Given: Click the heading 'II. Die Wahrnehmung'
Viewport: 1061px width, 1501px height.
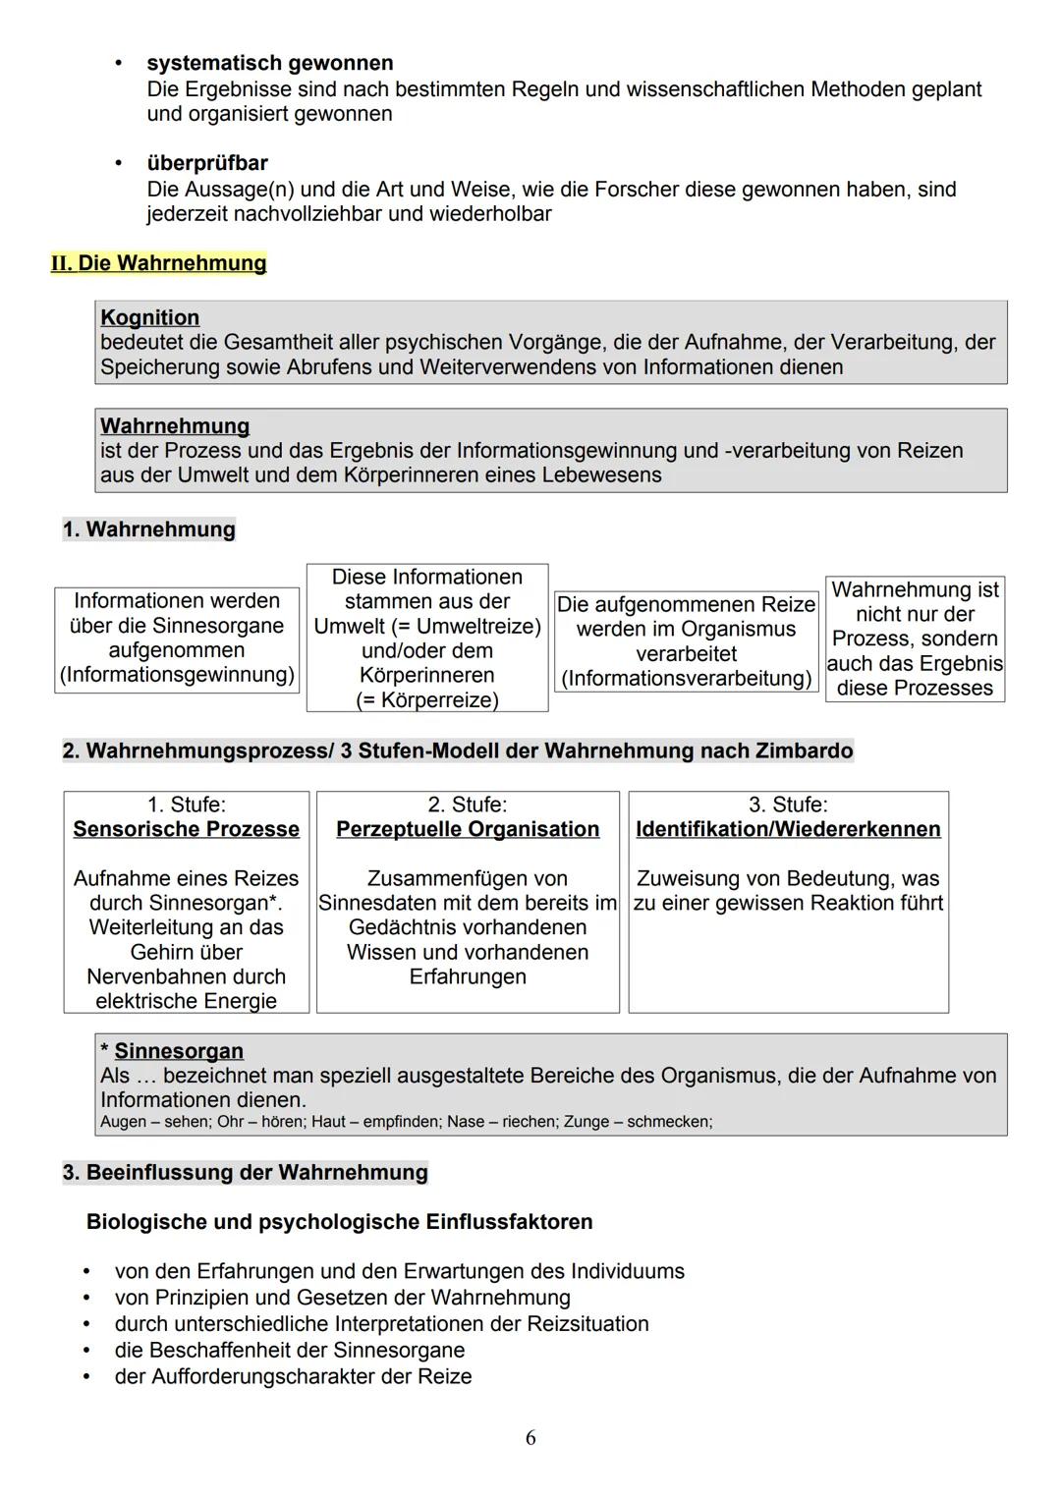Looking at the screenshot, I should coord(159,263).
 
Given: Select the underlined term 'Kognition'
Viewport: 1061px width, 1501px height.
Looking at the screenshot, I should coord(149,317).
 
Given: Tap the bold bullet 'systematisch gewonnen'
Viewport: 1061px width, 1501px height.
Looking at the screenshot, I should coord(269,63).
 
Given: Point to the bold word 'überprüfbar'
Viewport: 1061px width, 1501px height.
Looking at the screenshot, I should coord(206,163).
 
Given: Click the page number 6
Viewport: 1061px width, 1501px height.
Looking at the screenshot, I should coord(530,1438).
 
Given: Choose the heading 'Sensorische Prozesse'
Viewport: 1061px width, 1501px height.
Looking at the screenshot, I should coord(186,829).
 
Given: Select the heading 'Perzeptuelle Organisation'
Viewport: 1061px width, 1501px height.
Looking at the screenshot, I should coord(468,829).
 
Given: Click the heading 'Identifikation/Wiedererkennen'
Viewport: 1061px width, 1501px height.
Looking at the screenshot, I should coord(788,829).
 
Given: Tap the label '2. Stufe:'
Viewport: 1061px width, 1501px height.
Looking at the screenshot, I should coord(468,805).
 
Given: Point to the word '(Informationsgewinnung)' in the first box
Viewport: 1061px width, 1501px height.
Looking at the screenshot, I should coord(177,675).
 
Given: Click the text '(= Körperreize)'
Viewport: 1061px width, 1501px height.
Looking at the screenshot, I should coord(426,699).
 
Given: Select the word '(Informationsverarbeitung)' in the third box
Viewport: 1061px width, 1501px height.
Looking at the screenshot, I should coord(686,678).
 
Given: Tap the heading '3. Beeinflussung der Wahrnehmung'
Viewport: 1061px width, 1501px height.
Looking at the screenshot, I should coord(246,1172).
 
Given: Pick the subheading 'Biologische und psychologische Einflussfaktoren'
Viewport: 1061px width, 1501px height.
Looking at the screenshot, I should coord(339,1222).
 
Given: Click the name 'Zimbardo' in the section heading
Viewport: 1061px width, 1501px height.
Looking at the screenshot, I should coord(804,750).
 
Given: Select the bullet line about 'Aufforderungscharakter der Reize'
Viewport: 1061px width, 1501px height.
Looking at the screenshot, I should coord(293,1376).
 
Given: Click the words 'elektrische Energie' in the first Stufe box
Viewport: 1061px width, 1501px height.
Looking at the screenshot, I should coord(186,1001).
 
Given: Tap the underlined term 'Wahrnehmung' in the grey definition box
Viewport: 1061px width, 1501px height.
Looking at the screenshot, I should coord(175,425).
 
